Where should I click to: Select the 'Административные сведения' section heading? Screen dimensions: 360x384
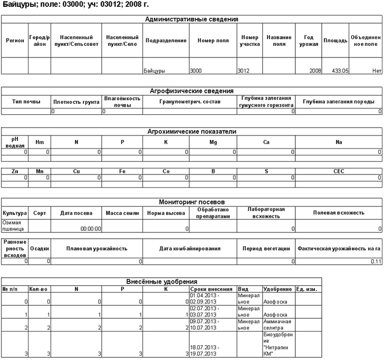tap(191, 19)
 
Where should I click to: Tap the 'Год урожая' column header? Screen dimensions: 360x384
tap(309, 41)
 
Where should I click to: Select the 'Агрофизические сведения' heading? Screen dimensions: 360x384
tap(191, 91)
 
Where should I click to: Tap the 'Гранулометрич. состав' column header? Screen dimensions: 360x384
tap(190, 101)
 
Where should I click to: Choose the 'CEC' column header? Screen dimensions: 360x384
tap(339, 171)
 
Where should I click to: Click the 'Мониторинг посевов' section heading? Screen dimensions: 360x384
tap(191, 201)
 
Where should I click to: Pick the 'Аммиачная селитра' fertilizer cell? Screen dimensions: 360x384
tap(277, 324)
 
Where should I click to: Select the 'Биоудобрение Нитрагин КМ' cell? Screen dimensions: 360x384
tap(277, 344)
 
